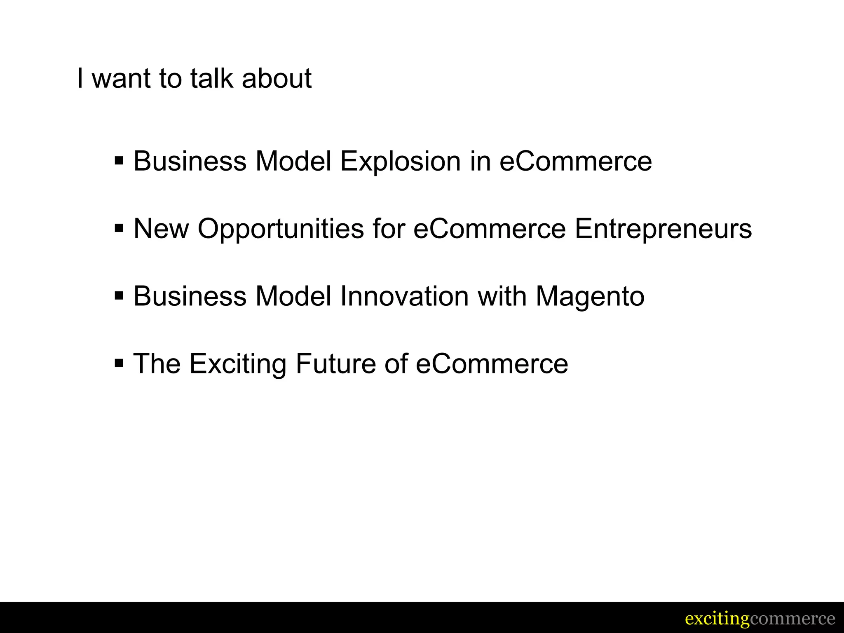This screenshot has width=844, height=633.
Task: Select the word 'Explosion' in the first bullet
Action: (x=400, y=161)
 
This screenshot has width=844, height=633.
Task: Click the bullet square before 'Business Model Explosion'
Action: (x=119, y=160)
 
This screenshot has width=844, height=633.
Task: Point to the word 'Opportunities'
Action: (x=281, y=229)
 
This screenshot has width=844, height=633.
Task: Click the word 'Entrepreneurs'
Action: (x=663, y=229)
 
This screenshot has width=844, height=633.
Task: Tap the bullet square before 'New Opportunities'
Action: (x=119, y=228)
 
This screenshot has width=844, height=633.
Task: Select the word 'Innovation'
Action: (x=404, y=296)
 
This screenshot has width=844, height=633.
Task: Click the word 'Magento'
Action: (x=590, y=296)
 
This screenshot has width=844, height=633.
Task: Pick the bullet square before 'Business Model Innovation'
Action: (x=119, y=295)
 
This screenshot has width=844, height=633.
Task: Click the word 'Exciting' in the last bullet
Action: (x=238, y=364)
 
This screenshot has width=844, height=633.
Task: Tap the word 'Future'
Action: (x=335, y=364)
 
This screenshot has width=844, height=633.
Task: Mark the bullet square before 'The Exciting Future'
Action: (x=119, y=363)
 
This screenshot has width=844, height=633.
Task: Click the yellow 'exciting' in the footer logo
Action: (x=717, y=619)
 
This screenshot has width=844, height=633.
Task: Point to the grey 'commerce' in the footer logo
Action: (x=792, y=619)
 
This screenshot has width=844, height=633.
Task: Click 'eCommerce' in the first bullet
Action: (x=576, y=161)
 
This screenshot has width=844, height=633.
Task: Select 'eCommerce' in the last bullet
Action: (x=492, y=364)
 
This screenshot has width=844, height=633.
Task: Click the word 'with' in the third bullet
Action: (x=502, y=296)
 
